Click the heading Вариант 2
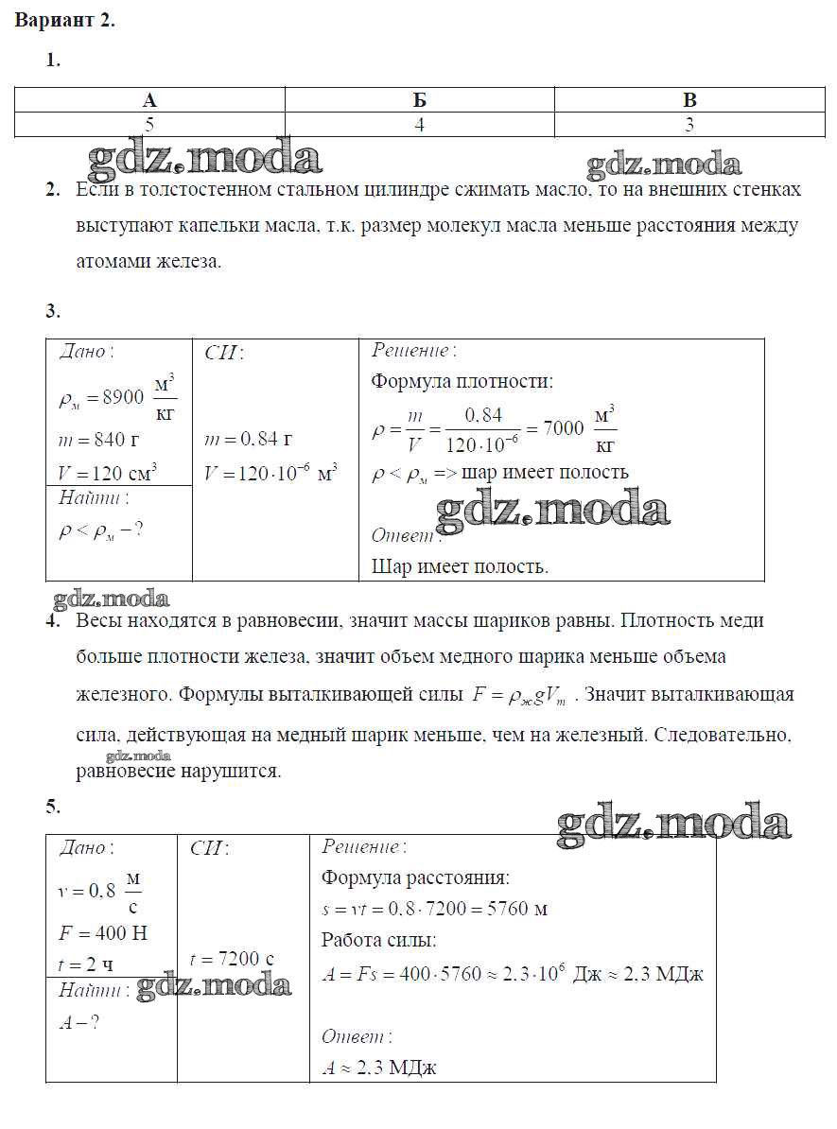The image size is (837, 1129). [x=64, y=21]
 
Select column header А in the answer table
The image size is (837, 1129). [x=149, y=100]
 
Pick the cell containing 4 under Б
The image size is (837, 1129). [x=419, y=124]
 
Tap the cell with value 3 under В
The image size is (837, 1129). [x=689, y=124]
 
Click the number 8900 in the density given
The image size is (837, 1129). [x=124, y=398]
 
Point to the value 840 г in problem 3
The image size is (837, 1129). [x=104, y=439]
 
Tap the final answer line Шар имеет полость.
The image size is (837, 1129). [x=460, y=567]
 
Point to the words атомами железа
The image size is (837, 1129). [x=148, y=262]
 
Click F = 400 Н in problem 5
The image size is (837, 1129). [x=103, y=933]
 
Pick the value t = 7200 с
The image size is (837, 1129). [x=232, y=959]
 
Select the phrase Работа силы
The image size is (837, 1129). [x=378, y=941]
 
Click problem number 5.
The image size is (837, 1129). [x=53, y=806]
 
